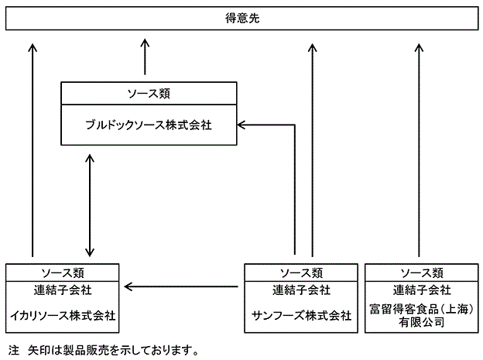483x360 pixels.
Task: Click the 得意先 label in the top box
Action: [x=242, y=18]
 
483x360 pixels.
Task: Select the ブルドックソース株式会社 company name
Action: [x=149, y=125]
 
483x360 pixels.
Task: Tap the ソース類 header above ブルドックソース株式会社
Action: [x=149, y=94]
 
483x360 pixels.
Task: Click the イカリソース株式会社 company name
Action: [x=63, y=316]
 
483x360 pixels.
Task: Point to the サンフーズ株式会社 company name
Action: [x=301, y=316]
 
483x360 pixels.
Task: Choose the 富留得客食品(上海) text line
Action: [x=421, y=309]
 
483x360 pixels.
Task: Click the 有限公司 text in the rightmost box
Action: [x=421, y=322]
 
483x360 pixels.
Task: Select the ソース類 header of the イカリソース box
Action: [x=63, y=273]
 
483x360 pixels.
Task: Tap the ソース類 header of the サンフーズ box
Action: [x=301, y=273]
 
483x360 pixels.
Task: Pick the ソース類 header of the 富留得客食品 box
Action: [x=422, y=273]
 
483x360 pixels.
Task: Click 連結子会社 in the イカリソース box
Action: [x=63, y=290]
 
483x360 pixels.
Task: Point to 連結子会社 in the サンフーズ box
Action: [x=301, y=290]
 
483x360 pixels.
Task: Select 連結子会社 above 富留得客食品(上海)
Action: [x=422, y=290]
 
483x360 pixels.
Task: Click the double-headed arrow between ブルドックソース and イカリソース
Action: [x=90, y=205]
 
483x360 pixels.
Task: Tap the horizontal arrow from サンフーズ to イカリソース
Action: [x=181, y=286]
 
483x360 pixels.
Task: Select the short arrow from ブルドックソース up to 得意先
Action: [x=145, y=57]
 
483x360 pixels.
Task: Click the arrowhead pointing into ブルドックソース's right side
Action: [x=241, y=125]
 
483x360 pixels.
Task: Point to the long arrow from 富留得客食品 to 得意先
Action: [x=419, y=150]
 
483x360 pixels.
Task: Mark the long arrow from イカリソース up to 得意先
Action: [x=33, y=150]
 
